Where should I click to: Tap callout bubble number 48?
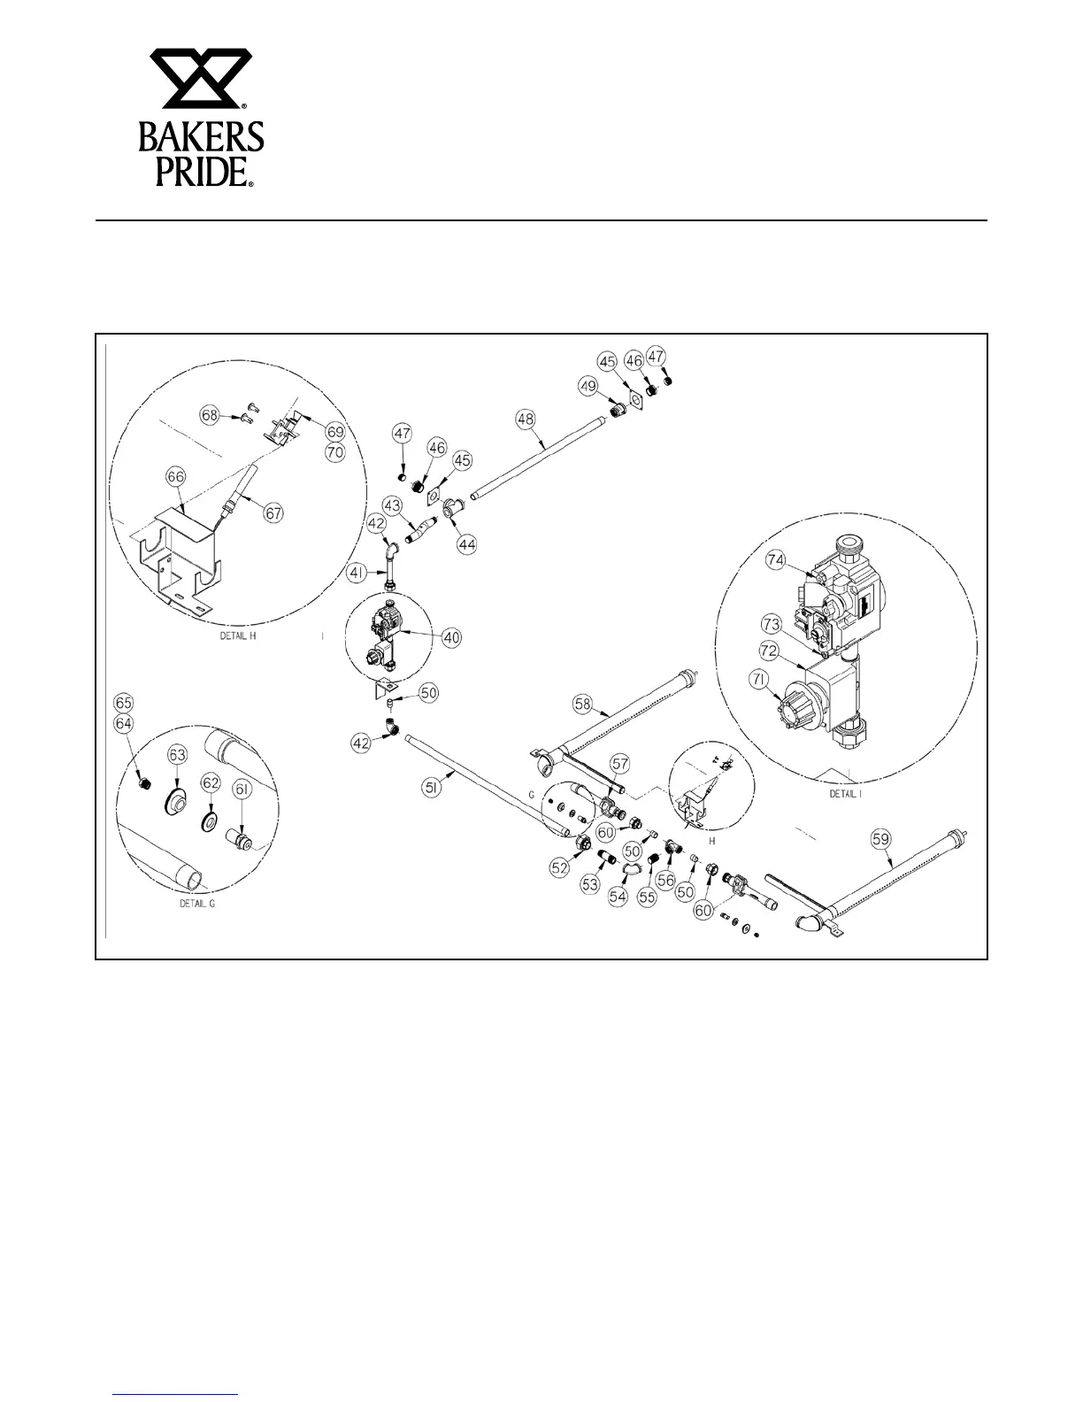pos(526,418)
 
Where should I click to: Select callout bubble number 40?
pos(452,636)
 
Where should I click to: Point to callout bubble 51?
pos(452,773)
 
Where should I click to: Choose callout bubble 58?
pos(582,704)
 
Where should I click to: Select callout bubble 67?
pos(275,512)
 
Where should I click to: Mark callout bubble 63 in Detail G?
pos(178,754)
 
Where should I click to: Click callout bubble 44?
pos(466,545)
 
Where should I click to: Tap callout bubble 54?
pos(617,897)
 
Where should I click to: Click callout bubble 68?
pos(209,414)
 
